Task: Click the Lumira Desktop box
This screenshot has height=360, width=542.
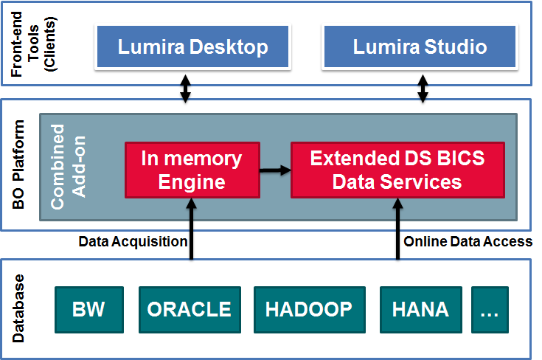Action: [193, 46]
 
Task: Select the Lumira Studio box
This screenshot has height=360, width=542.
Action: [420, 46]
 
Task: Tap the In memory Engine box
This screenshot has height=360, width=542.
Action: [192, 170]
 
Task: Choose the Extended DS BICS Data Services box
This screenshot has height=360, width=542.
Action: [397, 170]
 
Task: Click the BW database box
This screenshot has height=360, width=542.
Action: [89, 310]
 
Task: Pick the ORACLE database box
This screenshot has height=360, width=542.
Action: [190, 310]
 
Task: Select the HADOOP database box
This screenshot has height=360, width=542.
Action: [310, 310]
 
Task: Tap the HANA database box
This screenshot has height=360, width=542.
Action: [420, 310]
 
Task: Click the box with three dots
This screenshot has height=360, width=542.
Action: [490, 310]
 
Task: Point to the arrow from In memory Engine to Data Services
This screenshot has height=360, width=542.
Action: [275, 170]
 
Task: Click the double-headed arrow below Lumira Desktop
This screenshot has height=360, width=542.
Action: [186, 89]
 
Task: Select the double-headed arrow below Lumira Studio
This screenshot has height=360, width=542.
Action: [423, 89]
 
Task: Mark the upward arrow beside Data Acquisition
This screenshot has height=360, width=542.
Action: [191, 229]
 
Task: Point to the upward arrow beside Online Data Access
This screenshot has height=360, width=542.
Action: [397, 229]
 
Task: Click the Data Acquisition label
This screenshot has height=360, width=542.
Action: [133, 242]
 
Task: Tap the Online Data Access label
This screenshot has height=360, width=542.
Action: [468, 241]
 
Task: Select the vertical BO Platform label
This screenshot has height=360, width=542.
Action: [18, 165]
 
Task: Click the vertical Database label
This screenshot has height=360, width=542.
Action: [18, 308]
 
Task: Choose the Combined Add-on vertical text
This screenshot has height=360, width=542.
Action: [68, 167]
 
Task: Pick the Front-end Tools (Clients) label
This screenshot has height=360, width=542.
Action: [33, 44]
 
